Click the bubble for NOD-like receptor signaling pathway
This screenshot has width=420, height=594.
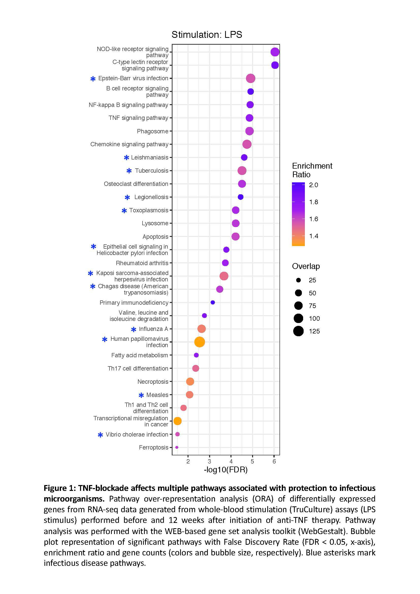pos(275,52)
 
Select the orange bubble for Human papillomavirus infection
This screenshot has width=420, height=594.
pos(199,342)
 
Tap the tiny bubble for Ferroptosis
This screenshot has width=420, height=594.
pos(177,447)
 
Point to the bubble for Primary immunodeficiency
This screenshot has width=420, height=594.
pos(213,302)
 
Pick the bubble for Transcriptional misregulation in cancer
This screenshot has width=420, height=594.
pos(177,421)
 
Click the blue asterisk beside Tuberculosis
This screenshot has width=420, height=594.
pos(129,171)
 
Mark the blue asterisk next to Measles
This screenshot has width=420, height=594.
pos(141,395)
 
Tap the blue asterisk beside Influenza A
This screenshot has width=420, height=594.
pos(134,329)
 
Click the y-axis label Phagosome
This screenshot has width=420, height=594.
pos(152,131)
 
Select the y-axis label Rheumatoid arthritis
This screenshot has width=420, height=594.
pos(142,263)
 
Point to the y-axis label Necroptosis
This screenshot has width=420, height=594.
pos(153,382)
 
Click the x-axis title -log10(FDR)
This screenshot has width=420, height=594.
pos(226,470)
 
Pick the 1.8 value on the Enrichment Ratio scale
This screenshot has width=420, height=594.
pos(313,202)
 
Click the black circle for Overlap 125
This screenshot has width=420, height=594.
pos(298,331)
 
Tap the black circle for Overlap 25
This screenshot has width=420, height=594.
pos(298,280)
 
